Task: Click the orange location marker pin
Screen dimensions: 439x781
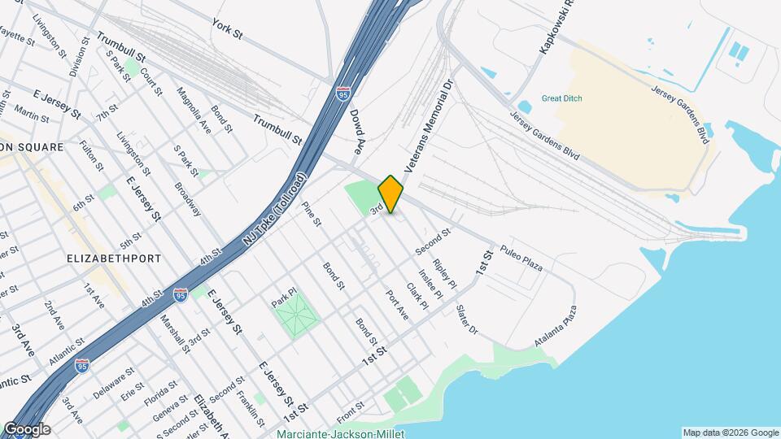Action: [390, 194]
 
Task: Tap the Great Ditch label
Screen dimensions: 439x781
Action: [562, 98]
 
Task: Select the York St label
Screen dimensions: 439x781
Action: [227, 30]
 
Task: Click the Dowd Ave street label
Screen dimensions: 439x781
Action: [356, 133]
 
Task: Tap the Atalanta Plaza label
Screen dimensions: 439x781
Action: [556, 327]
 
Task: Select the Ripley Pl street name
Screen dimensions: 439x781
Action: [446, 272]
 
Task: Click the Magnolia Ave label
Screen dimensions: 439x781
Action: [194, 111]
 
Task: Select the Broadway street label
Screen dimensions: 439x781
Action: [187, 198]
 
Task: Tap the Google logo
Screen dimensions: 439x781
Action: [26, 429]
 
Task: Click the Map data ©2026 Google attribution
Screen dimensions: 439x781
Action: [730, 432]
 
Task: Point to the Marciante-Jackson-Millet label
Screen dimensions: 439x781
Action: [340, 434]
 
